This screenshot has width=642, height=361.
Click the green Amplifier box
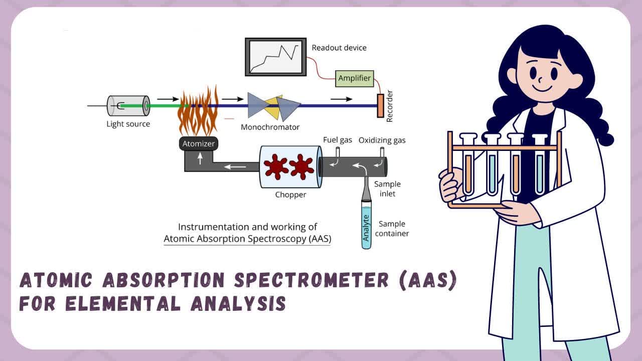pyautogui.click(x=355, y=79)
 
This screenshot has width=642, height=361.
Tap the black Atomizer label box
pyautogui.click(x=199, y=143)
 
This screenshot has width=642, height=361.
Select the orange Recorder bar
pyautogui.click(x=380, y=106)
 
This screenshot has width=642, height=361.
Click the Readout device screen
pyautogui.click(x=276, y=57)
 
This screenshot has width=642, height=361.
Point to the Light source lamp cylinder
pyautogui.click(x=128, y=106)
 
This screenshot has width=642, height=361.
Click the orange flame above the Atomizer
pyautogui.click(x=198, y=112)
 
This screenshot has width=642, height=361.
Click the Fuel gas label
pyautogui.click(x=338, y=140)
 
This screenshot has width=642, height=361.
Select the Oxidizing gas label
pyautogui.click(x=382, y=140)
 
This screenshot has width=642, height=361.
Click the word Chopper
pyautogui.click(x=290, y=195)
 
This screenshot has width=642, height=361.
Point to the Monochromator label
pyautogui.click(x=270, y=127)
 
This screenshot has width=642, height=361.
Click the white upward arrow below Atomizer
pyautogui.click(x=200, y=158)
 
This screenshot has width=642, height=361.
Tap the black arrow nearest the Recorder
pyautogui.click(x=342, y=99)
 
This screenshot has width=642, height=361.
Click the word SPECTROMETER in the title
pyautogui.click(x=311, y=280)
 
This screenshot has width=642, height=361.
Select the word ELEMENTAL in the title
pyautogui.click(x=123, y=303)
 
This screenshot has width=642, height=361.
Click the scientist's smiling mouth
pyautogui.click(x=542, y=88)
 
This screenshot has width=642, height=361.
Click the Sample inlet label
pyautogui.click(x=387, y=189)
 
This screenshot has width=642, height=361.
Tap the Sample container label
pyautogui.click(x=392, y=229)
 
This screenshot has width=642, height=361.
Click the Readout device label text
pyautogui.click(x=339, y=48)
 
